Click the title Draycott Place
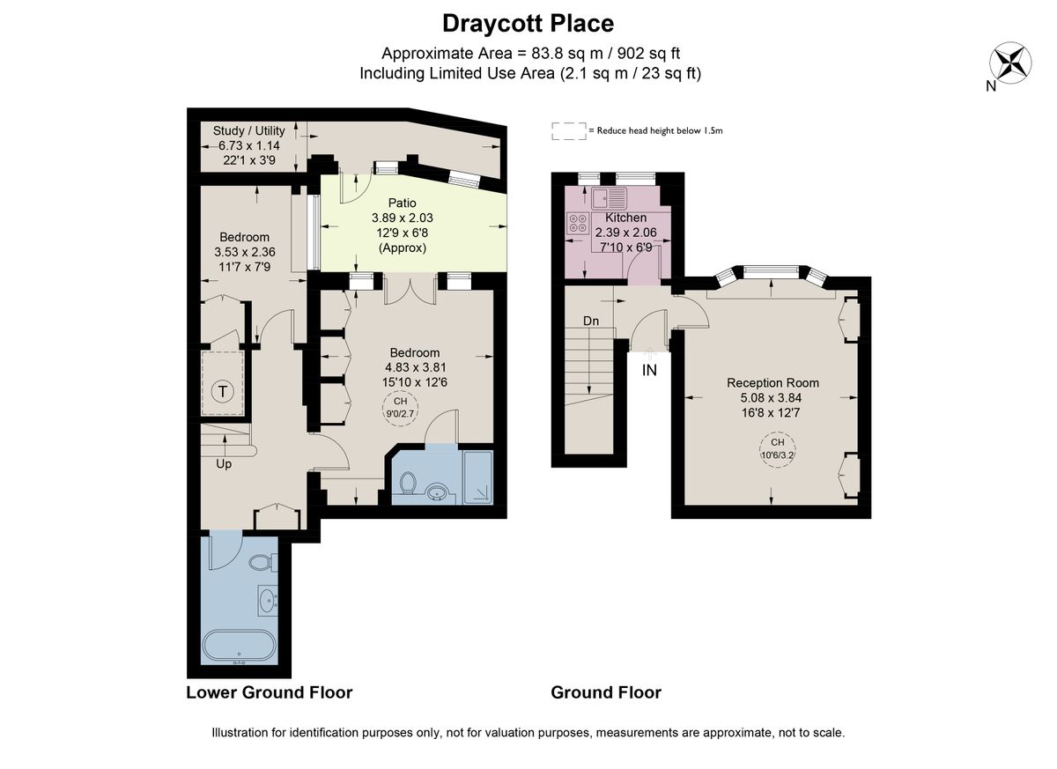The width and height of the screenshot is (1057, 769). [x=528, y=23]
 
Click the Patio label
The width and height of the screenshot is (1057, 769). [x=402, y=202]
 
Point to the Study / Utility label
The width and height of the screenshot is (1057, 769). [x=249, y=130]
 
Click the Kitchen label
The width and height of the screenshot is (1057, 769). [x=625, y=217]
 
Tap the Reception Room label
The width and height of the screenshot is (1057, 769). [x=772, y=382]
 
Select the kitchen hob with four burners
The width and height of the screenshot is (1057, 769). [x=578, y=223]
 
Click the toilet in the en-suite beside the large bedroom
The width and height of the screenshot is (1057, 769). [x=407, y=483]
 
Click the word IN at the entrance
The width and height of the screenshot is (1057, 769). [x=649, y=370]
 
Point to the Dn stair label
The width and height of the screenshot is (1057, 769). [x=591, y=322]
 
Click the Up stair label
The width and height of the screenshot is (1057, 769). [x=224, y=463]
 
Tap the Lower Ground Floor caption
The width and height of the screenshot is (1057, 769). [x=269, y=692]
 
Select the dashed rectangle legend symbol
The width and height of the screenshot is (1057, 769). [x=568, y=130]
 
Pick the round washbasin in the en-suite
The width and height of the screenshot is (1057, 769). [x=435, y=490]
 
